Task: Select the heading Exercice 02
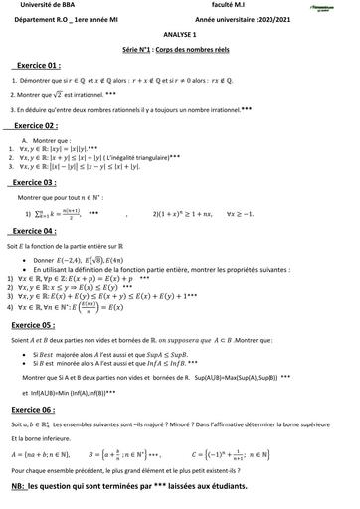coord(46,128)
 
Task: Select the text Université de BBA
coord(37,7)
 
